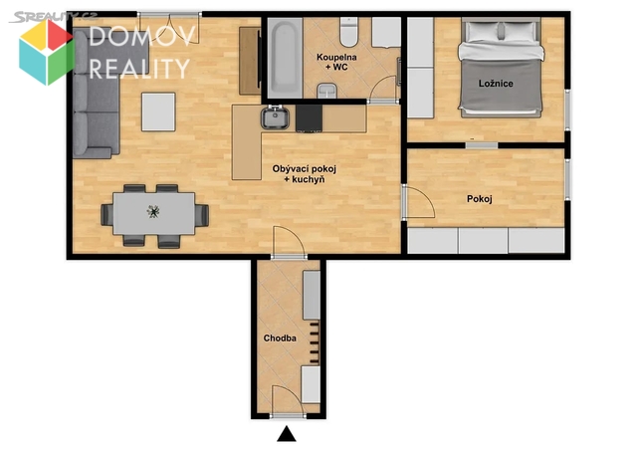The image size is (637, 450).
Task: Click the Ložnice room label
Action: click(x=496, y=84)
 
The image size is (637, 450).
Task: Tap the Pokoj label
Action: click(x=480, y=199)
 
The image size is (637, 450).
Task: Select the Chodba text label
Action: click(x=280, y=338)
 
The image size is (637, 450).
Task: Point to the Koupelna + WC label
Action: click(x=336, y=62)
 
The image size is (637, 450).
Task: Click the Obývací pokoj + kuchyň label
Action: click(x=305, y=174)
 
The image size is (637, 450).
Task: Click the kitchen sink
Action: click(x=275, y=116)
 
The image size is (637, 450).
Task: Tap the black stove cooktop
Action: click(x=309, y=118)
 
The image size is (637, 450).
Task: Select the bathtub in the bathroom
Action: click(x=285, y=58)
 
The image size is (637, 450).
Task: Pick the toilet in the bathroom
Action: click(x=348, y=32)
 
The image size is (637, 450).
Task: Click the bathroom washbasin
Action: click(x=327, y=91)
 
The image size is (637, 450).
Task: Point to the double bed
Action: click(x=501, y=68)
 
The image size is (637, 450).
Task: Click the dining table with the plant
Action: click(x=154, y=213)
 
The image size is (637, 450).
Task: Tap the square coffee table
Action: click(x=158, y=112)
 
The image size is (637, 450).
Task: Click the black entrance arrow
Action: click(x=287, y=434)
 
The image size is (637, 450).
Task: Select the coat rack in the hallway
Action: click(x=314, y=342)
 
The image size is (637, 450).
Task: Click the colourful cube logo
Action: click(x=47, y=52)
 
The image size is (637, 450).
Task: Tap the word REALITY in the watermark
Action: click(x=139, y=69)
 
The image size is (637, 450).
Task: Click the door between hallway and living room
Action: click(x=289, y=242)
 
